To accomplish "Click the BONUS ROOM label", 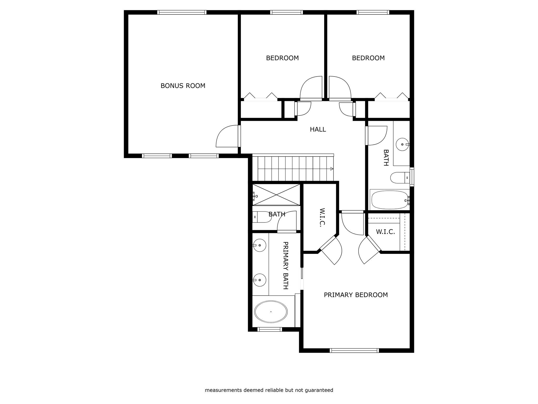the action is [x=183, y=86].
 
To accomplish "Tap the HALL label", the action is [x=318, y=129].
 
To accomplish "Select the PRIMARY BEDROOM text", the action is [x=356, y=295].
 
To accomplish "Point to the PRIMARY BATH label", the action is [x=286, y=265].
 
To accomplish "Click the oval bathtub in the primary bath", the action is [x=271, y=311].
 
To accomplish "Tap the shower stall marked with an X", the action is [x=276, y=194].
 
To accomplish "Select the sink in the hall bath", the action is [x=402, y=144].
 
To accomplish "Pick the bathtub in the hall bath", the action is [x=390, y=200].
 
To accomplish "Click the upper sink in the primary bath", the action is [x=260, y=245].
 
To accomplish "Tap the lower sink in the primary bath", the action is [x=260, y=280].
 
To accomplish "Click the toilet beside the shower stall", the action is [x=262, y=217].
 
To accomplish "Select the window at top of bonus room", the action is [x=182, y=12].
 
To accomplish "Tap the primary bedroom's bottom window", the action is [x=354, y=350].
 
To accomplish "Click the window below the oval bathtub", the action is [x=270, y=329].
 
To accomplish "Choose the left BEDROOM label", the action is [x=282, y=58].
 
